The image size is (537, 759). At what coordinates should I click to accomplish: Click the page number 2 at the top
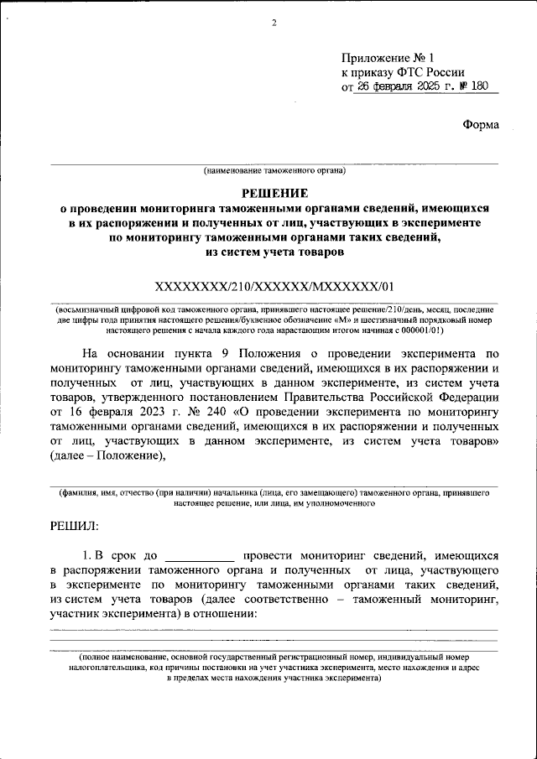[x=274, y=23]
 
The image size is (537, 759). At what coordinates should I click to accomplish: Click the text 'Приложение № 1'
[x=388, y=58]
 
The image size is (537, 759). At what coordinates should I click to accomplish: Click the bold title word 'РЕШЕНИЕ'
[x=274, y=192]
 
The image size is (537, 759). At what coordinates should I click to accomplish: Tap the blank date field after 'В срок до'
[x=200, y=555]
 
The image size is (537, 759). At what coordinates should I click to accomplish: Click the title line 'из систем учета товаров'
[x=274, y=251]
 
